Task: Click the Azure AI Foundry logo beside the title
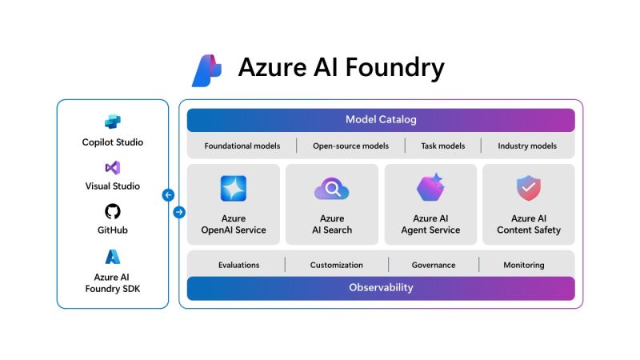[206, 70]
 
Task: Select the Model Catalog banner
[381, 120]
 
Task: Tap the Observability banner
[381, 288]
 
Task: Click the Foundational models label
[241, 146]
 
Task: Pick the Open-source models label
[350, 146]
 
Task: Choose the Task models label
[442, 146]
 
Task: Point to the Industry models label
[527, 146]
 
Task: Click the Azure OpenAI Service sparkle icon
[233, 189]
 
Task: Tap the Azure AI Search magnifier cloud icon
[331, 189]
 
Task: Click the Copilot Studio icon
[113, 122]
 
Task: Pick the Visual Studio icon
[113, 168]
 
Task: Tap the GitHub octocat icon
[113, 212]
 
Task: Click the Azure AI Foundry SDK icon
[113, 257]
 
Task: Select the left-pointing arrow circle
[168, 195]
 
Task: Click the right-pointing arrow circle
[179, 212]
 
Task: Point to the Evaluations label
[238, 265]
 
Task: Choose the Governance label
[434, 265]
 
